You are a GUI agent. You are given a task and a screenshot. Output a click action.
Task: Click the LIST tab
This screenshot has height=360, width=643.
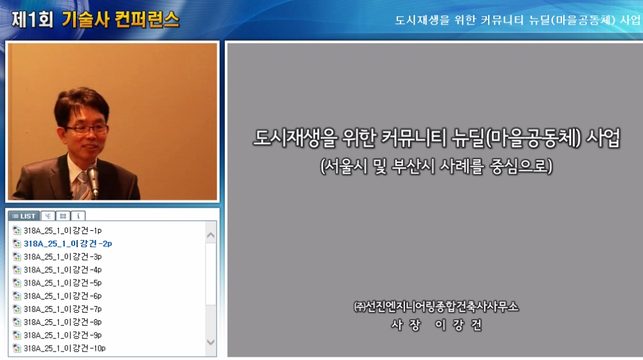coord(24,216)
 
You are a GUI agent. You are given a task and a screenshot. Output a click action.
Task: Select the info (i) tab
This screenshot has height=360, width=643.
coord(78,216)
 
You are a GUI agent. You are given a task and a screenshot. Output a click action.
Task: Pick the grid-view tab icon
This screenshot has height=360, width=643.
coord(62,216)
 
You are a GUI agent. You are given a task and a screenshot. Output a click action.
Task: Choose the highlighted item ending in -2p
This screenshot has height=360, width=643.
coord(67,244)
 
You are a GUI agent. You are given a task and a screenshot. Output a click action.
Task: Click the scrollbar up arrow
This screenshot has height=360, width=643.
coord(211,235)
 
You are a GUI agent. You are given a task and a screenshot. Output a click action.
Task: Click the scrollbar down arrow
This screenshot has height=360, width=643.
coord(211,342)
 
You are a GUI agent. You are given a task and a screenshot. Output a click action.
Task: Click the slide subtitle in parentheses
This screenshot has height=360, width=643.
coord(436,167)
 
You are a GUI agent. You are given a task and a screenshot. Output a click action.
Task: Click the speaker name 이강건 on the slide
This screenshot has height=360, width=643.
coord(458,325)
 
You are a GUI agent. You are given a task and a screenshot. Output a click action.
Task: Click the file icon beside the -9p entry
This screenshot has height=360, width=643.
coord(17,335)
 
